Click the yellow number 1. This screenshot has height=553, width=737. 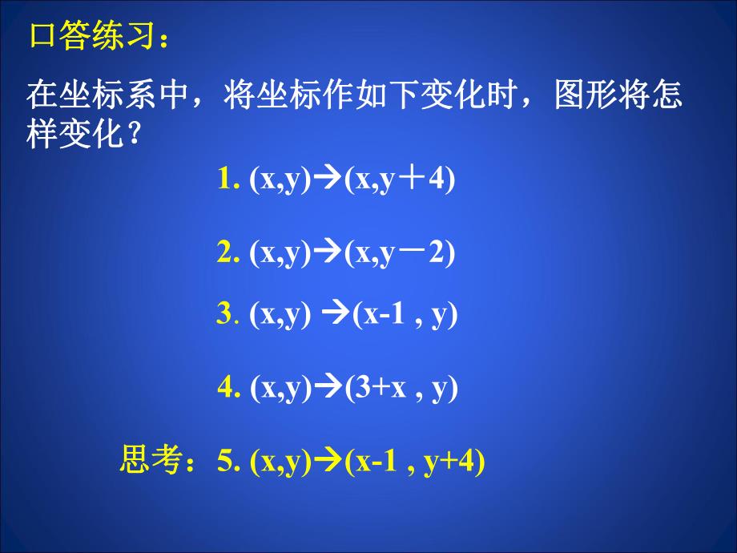pyautogui.click(x=224, y=180)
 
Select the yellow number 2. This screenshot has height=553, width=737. pyautogui.click(x=224, y=253)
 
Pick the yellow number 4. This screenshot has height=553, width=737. pyautogui.click(x=224, y=388)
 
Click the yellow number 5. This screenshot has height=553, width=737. pyautogui.click(x=224, y=462)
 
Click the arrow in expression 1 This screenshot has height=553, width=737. pyautogui.click(x=324, y=180)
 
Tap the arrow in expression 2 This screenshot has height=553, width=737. pyautogui.click(x=324, y=253)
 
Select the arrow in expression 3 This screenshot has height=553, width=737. pyautogui.click(x=336, y=314)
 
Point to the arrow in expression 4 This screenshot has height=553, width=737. pyautogui.click(x=324, y=388)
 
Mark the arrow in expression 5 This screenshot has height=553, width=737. pyautogui.click(x=324, y=462)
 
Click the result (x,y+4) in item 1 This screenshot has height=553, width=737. pyautogui.click(x=397, y=180)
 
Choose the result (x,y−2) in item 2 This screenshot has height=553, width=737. pyautogui.click(x=397, y=253)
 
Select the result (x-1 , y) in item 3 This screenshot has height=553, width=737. pyautogui.click(x=404, y=314)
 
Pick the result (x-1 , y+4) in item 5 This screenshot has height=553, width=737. pyautogui.click(x=412, y=462)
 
